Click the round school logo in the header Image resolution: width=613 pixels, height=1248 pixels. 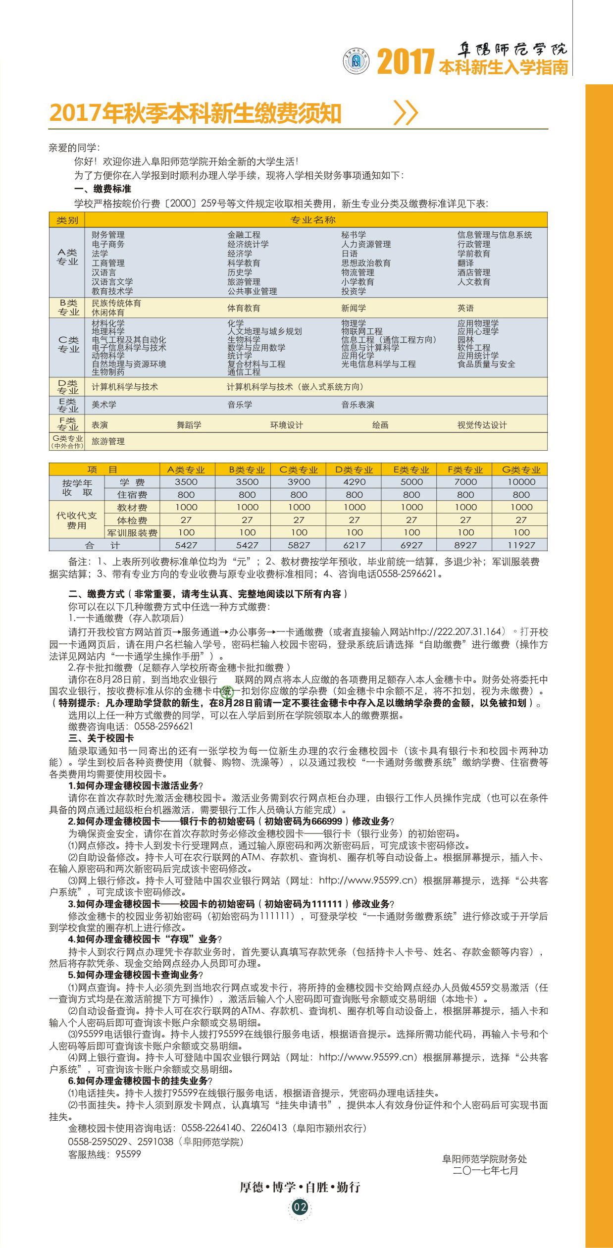click(356, 61)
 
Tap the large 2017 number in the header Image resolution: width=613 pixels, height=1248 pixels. click(406, 61)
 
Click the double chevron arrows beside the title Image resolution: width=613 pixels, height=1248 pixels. click(406, 112)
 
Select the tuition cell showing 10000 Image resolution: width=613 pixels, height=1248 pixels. click(521, 482)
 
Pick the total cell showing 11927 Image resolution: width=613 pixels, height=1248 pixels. click(521, 545)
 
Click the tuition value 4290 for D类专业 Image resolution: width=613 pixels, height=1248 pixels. click(354, 482)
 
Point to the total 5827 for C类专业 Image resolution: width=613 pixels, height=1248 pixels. click(299, 545)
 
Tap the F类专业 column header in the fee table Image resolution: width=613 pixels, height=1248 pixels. click(465, 469)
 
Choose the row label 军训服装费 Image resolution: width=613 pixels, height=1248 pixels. click(132, 533)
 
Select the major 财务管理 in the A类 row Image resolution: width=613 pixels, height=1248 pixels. click(108, 235)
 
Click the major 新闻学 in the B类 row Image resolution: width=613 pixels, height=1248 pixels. click(354, 308)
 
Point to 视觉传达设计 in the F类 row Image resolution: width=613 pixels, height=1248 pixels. click(482, 425)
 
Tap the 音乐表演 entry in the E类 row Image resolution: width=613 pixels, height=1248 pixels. click(358, 405)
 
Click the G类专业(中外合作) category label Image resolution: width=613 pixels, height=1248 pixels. click(67, 442)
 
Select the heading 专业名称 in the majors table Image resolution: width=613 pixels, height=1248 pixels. click(313, 220)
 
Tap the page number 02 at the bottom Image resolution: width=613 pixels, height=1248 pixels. click(300, 1207)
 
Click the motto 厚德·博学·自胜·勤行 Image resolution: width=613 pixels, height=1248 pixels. click(300, 1187)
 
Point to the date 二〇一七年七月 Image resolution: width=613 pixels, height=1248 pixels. click(485, 1170)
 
